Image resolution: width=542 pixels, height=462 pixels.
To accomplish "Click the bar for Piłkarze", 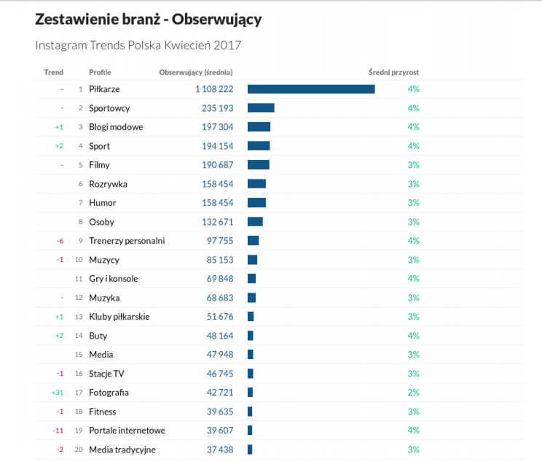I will (x=311, y=89).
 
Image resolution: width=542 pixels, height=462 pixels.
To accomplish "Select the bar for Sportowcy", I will (x=261, y=108).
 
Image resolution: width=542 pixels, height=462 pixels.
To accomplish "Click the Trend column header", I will (x=54, y=72).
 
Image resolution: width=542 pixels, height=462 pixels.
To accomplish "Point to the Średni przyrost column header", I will (x=393, y=72).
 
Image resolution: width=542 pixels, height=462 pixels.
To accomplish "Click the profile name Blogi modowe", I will (x=116, y=127).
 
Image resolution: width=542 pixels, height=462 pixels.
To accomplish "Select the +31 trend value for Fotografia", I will (x=58, y=393).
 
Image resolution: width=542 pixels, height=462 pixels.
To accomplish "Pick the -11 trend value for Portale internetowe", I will (x=58, y=431).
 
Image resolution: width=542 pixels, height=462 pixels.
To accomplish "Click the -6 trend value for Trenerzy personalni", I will (x=59, y=241).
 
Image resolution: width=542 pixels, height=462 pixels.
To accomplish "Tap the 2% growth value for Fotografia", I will (x=413, y=393).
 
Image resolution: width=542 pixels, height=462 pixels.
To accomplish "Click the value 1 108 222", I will (x=214, y=89).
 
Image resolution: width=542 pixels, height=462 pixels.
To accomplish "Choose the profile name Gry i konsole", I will (x=114, y=279).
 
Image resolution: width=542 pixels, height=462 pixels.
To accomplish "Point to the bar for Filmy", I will (x=259, y=165).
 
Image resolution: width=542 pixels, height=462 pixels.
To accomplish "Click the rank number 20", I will (x=78, y=450).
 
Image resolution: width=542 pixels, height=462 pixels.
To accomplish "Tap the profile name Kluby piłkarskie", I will (x=119, y=317).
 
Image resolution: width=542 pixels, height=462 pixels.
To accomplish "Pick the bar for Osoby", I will (x=255, y=222).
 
